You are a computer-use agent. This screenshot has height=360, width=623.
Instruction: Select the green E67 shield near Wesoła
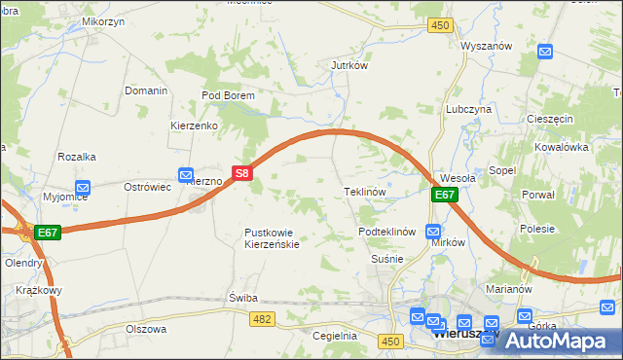444,195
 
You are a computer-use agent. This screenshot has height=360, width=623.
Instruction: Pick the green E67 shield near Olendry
49,233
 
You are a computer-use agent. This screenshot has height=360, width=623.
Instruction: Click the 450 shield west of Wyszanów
440,25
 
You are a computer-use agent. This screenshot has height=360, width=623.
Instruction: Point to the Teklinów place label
366,192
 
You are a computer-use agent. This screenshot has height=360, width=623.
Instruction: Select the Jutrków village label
348,66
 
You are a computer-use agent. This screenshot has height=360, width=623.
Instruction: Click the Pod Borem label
228,95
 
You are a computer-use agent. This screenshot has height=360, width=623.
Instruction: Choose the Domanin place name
146,90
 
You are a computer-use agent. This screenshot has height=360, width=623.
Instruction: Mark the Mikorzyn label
101,20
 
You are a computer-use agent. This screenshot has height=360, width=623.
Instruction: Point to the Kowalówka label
563,147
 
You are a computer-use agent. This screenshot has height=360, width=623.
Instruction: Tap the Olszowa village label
146,329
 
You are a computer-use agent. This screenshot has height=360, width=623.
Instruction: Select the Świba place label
241,297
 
